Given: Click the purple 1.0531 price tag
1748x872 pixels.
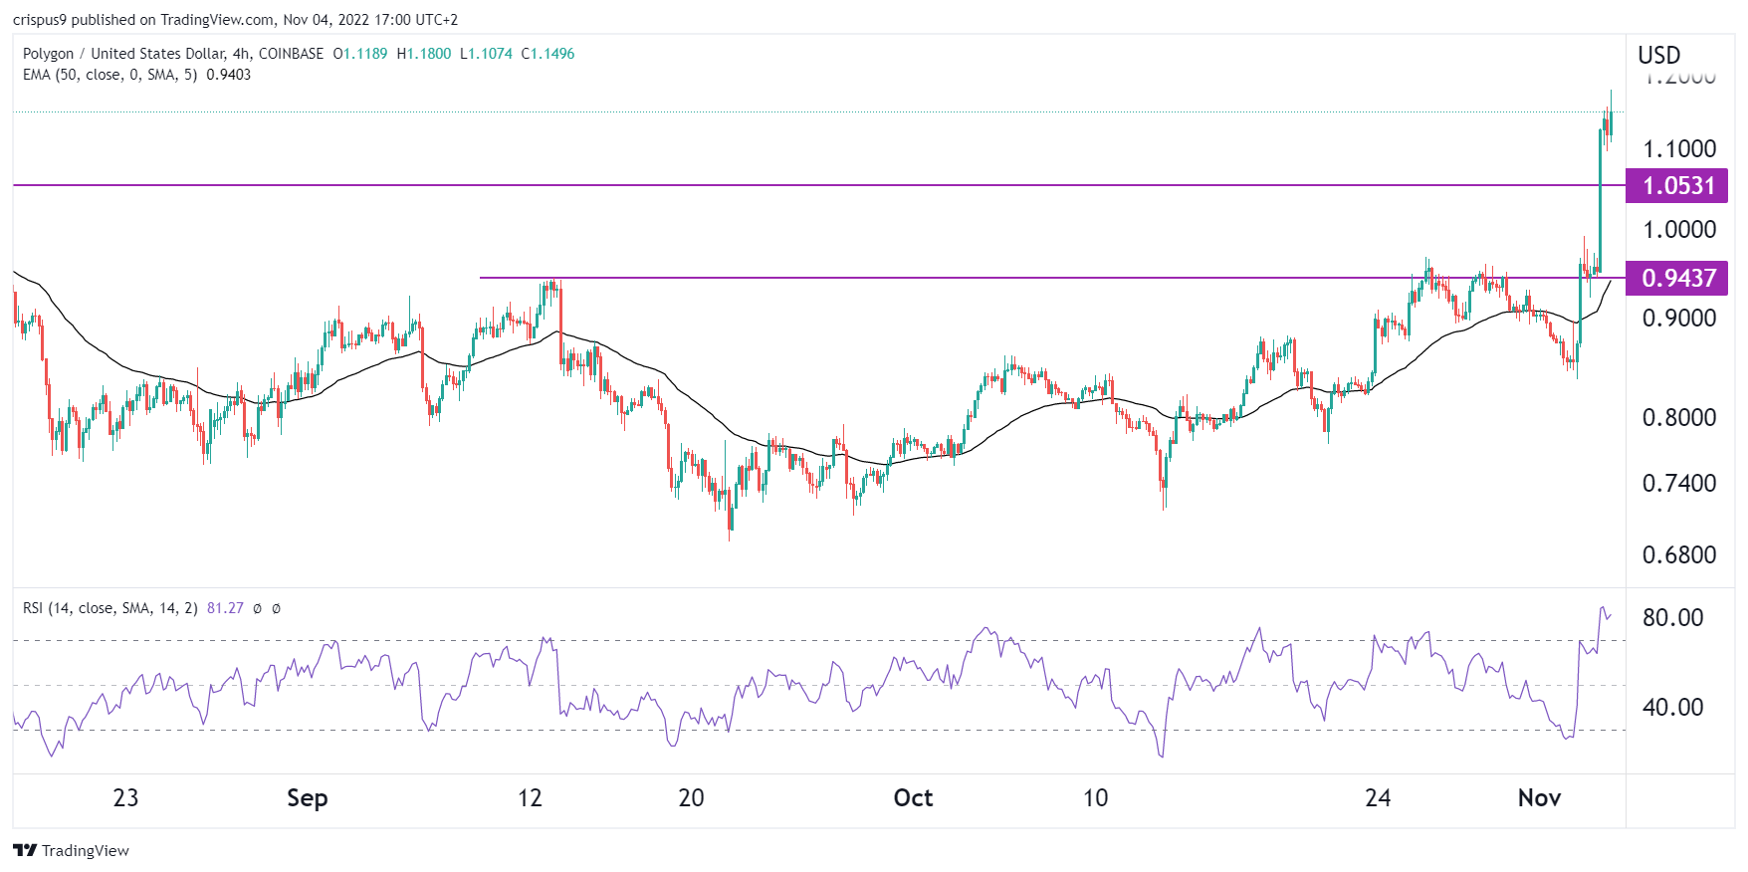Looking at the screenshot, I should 1677,186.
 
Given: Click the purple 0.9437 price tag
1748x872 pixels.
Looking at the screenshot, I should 1677,278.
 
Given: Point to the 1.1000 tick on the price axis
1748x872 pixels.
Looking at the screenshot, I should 1678,149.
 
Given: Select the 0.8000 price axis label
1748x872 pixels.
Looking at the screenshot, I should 1678,417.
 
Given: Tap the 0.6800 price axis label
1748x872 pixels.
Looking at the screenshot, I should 1678,554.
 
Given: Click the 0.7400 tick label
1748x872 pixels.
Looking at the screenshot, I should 1678,484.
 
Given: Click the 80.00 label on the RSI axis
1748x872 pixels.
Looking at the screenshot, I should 1672,617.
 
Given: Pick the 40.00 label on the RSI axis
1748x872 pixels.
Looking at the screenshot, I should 1672,707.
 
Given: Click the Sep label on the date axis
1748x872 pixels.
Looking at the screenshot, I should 307,798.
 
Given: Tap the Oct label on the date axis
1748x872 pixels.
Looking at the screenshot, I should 913,798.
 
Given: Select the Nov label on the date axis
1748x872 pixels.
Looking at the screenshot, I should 1539,798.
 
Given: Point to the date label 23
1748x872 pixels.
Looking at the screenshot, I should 125,798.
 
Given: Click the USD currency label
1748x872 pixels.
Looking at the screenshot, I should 1658,56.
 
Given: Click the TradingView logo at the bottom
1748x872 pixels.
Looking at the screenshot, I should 72,850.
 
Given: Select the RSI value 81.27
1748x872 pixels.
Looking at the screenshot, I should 225,608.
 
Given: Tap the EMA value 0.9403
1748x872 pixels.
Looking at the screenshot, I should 228,75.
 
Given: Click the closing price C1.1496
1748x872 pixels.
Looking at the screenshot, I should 548,54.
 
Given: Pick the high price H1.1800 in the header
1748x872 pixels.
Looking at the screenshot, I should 424,54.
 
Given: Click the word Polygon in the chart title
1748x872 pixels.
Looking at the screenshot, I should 48,54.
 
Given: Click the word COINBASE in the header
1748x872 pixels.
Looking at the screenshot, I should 291,54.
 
